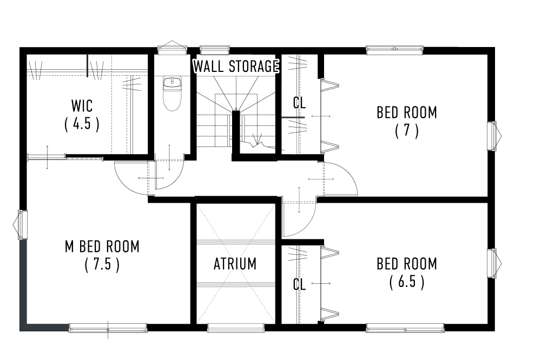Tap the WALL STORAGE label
pyautogui.click(x=236, y=67)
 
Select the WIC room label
pyautogui.click(x=82, y=104)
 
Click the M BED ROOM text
pyautogui.click(x=102, y=246)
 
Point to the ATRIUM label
pyautogui.click(x=235, y=264)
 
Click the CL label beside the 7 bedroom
pyautogui.click(x=299, y=103)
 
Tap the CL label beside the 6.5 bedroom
pyautogui.click(x=299, y=284)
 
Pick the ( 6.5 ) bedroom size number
pyautogui.click(x=407, y=282)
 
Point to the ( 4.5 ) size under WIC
pyautogui.click(x=82, y=124)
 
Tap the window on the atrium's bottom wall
pyautogui.click(x=236, y=328)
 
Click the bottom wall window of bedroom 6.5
pyautogui.click(x=405, y=328)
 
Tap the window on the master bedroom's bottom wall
pyautogui.click(x=108, y=328)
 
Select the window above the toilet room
pyautogui.click(x=171, y=49)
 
